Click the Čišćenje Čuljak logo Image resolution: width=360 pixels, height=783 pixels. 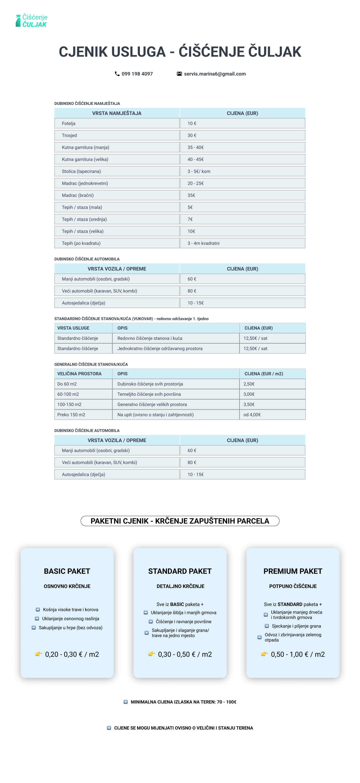pyautogui.click(x=32, y=21)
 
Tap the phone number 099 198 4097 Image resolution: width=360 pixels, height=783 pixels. pyautogui.click(x=137, y=74)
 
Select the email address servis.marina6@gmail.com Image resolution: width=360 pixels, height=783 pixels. pyautogui.click(x=215, y=74)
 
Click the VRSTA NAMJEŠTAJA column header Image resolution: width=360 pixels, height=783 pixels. pyautogui.click(x=117, y=113)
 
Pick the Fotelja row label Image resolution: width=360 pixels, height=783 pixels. pyautogui.click(x=69, y=123)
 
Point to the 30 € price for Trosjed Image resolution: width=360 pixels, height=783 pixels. pyautogui.click(x=192, y=135)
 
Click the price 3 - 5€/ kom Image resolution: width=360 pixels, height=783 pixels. pyautogui.click(x=199, y=172)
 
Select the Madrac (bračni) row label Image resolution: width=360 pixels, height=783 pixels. pyautogui.click(x=78, y=195)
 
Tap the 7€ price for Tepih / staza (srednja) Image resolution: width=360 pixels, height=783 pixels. pyautogui.click(x=190, y=219)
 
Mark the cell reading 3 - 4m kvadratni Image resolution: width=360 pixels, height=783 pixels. pyautogui.click(x=203, y=243)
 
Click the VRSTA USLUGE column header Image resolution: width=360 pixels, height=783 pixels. pyautogui.click(x=73, y=328)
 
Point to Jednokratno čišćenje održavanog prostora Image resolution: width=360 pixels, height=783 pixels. pyautogui.click(x=160, y=348)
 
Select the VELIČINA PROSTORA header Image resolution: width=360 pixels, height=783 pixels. pyautogui.click(x=79, y=374)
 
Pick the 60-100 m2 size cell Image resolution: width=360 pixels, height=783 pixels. pyautogui.click(x=68, y=394)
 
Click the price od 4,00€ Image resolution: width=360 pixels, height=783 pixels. pyautogui.click(x=252, y=415)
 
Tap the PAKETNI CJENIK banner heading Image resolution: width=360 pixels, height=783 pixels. pyautogui.click(x=180, y=521)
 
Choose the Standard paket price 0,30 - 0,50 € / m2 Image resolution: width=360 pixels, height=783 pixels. pyautogui.click(x=185, y=654)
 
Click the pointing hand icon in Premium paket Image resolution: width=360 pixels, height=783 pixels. pyautogui.click(x=265, y=654)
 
